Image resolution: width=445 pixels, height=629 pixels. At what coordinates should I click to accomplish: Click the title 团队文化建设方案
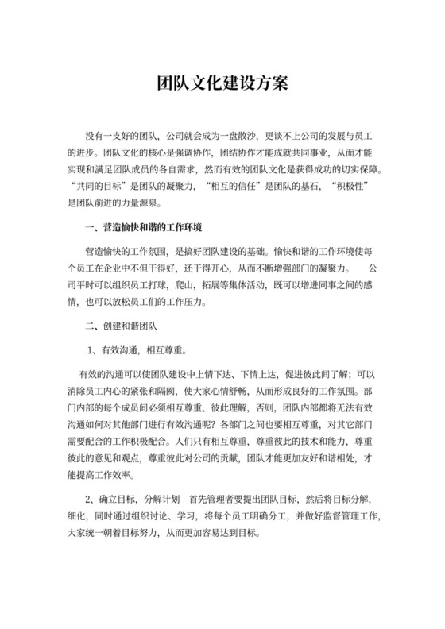click(222, 83)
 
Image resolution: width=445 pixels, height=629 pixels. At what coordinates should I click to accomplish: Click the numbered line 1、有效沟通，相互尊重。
click(137, 349)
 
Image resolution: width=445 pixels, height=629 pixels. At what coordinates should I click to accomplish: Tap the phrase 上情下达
click(247, 373)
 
